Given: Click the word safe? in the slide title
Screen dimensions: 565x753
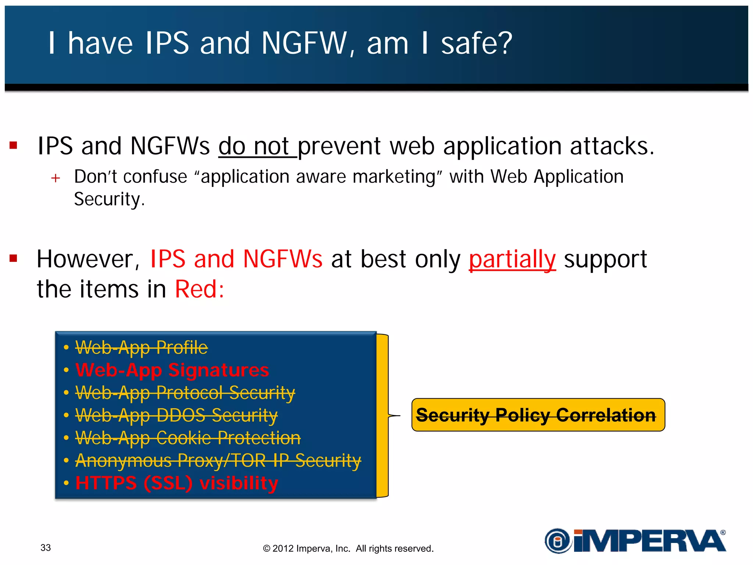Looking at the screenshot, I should click(x=476, y=43).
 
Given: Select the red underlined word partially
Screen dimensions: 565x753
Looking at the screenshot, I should click(x=512, y=259).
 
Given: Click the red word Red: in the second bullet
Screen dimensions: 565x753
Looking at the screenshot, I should click(x=199, y=289).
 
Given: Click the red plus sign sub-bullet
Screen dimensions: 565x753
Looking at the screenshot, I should click(x=56, y=178).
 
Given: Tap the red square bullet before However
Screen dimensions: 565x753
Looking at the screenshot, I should click(x=14, y=259).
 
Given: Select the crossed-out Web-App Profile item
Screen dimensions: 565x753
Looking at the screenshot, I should click(x=142, y=348).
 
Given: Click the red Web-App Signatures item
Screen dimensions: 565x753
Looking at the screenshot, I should click(x=172, y=370).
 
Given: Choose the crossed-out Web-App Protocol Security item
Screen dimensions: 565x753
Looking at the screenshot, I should click(x=185, y=393).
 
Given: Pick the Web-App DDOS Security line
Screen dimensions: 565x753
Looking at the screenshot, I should click(x=176, y=415).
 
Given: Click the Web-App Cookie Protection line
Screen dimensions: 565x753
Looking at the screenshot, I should click(x=188, y=438).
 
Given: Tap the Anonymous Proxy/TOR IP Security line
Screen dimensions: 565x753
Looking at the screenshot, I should click(x=218, y=461).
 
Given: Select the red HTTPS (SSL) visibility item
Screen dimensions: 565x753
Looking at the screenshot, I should click(x=176, y=483).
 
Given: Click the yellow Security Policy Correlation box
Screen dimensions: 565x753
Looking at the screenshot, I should click(x=538, y=415).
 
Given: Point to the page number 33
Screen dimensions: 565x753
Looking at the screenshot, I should click(x=46, y=548).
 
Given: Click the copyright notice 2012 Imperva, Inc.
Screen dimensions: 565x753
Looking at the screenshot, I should click(x=348, y=548).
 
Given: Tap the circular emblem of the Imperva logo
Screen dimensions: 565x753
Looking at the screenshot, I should click(x=558, y=541).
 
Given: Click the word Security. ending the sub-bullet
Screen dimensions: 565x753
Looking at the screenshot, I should click(x=109, y=200).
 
